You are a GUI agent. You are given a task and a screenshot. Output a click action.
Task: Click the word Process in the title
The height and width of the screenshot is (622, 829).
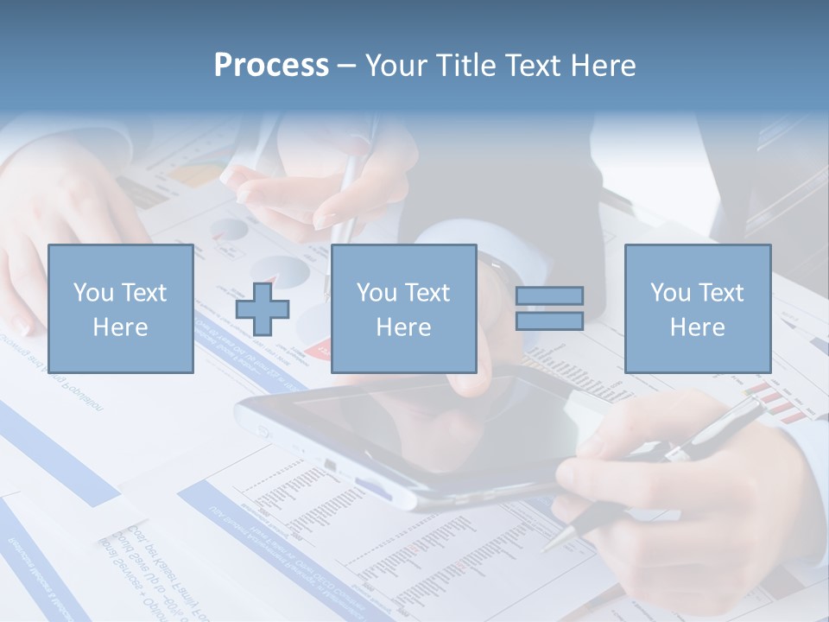271,66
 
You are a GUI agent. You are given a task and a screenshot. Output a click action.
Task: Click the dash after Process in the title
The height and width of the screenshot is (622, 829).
347,67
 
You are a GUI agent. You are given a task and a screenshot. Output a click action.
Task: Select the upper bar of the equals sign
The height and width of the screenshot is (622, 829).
549,295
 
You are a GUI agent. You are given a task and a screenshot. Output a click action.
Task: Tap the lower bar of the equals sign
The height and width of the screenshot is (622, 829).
549,321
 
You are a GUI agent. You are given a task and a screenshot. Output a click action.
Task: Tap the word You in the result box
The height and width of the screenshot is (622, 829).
670,293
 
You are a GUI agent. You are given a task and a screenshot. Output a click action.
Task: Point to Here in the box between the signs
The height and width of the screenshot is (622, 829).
403,327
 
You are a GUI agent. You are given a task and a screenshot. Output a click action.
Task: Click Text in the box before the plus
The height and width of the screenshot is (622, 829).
142,293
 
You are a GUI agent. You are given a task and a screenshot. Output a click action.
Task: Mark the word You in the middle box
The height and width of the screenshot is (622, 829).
377,293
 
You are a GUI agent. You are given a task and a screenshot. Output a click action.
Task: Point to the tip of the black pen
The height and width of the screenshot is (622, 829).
545,547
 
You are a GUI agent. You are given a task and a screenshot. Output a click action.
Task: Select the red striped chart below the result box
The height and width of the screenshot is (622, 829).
777,401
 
